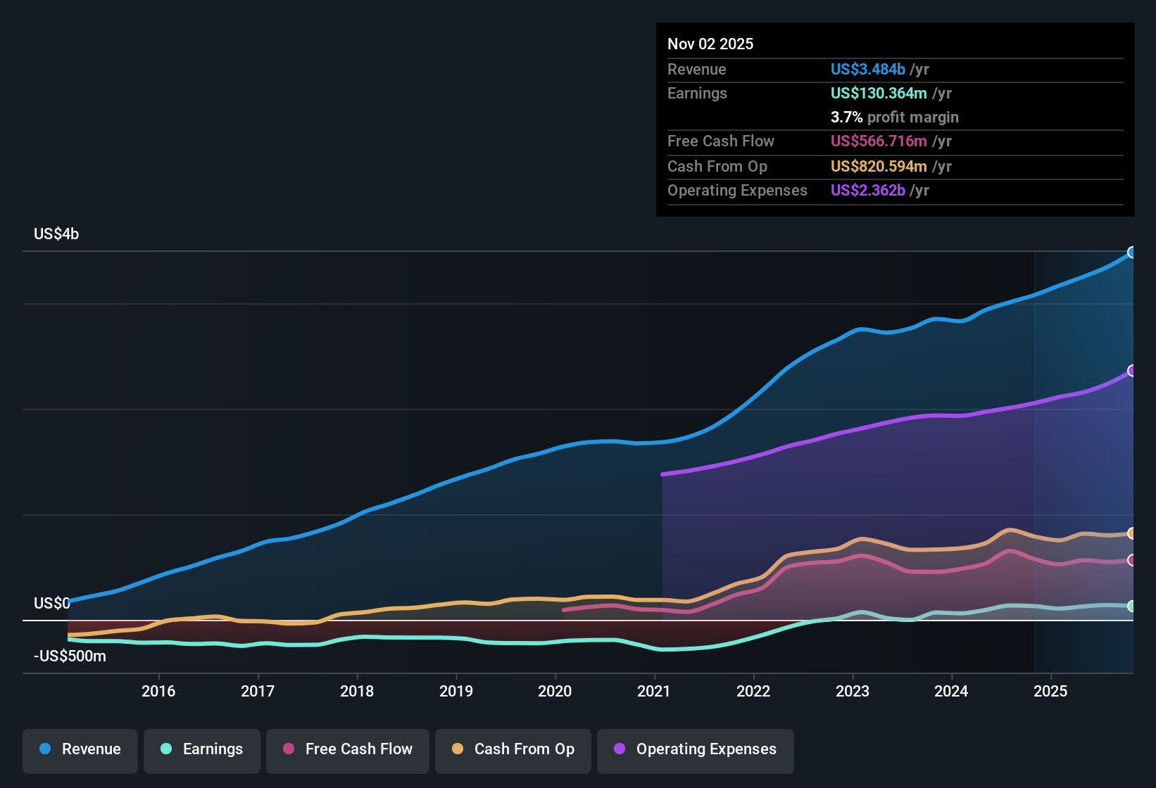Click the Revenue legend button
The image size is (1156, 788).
pos(80,749)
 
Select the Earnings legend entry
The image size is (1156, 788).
pos(202,749)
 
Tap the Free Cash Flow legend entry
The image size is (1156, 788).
pos(348,749)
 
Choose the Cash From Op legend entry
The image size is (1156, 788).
pos(513,749)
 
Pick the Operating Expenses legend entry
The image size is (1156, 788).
pos(696,749)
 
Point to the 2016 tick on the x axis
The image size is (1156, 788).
pos(158,691)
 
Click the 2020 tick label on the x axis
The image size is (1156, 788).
pos(555,691)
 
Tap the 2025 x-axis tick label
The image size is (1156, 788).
pos(1050,691)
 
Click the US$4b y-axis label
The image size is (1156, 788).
pos(56,234)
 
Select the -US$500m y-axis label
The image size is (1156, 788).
pos(70,656)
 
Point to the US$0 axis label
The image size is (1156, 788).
pos(52,604)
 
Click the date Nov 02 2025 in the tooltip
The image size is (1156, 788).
pos(710,44)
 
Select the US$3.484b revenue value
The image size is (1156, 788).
pos(867,70)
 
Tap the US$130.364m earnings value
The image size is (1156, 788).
pos(878,94)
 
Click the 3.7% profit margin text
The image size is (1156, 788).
pos(894,117)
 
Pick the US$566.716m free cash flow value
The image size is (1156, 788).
pos(878,141)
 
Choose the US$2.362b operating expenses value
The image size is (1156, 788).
pos(867,191)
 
